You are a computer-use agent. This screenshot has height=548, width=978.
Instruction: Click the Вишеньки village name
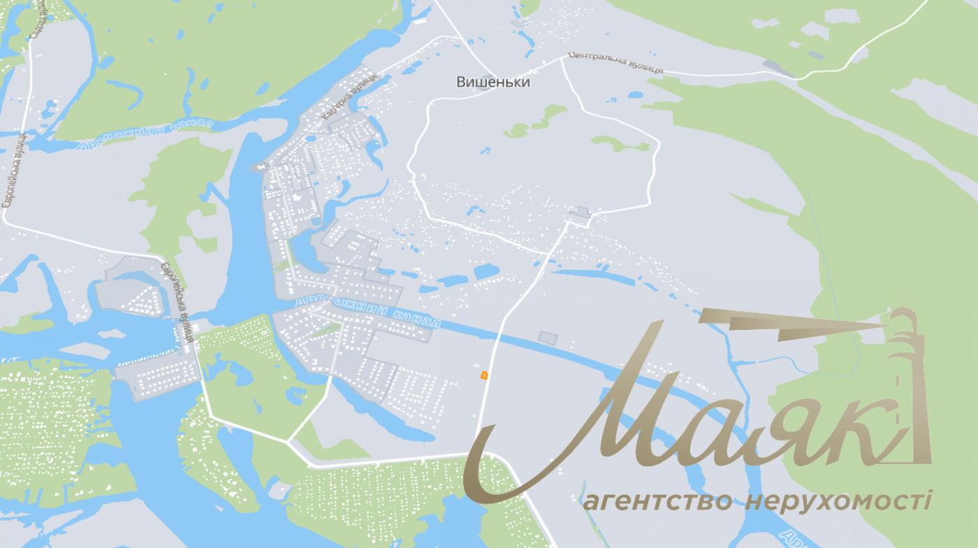tap(492, 82)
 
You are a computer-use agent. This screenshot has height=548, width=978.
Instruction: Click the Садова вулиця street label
tap(36, 18)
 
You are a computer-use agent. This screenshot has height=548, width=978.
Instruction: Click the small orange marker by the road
tap(482, 375)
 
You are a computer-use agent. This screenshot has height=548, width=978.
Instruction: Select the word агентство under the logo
tap(657, 501)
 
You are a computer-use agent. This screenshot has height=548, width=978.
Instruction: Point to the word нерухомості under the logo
tap(838, 501)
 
